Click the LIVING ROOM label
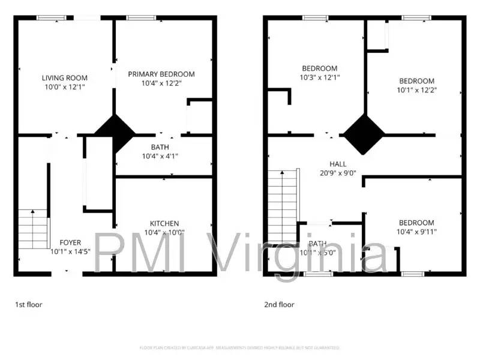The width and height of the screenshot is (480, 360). pyautogui.click(x=65, y=77)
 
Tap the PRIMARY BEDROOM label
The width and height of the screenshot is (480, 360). pyautogui.click(x=161, y=74)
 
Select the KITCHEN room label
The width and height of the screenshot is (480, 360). pyautogui.click(x=164, y=223)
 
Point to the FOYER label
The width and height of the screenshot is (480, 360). pyautogui.click(x=70, y=242)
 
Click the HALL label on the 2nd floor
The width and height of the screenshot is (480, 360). pyautogui.click(x=338, y=164)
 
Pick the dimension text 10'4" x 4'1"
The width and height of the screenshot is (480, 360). pyautogui.click(x=160, y=156)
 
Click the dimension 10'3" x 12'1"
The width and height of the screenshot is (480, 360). pyautogui.click(x=319, y=77)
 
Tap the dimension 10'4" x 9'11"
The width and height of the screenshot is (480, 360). pyautogui.click(x=416, y=232)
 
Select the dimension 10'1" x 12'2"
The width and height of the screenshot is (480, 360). pyautogui.click(x=416, y=90)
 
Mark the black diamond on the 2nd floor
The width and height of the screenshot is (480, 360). pyautogui.click(x=363, y=134)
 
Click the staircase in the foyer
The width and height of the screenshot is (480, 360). pyautogui.click(x=34, y=229)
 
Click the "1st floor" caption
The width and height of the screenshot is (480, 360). pyautogui.click(x=29, y=305)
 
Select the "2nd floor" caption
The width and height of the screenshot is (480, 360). pyautogui.click(x=279, y=305)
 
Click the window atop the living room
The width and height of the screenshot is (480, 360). pyautogui.click(x=52, y=18)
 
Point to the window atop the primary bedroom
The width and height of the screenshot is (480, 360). pyautogui.click(x=141, y=18)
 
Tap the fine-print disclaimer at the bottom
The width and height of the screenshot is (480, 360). pyautogui.click(x=240, y=347)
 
